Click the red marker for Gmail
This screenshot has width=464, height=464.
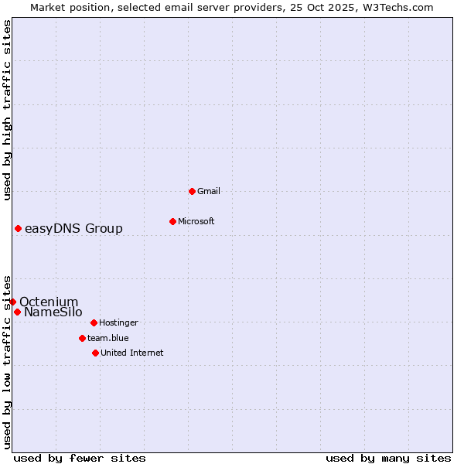[x=192, y=191]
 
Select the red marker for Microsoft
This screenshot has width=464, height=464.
[x=172, y=221]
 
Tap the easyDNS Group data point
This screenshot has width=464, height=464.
[x=18, y=228]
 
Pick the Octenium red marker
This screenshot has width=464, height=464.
[x=12, y=302]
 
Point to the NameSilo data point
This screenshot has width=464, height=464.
[x=17, y=312]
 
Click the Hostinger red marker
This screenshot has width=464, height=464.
[x=94, y=322]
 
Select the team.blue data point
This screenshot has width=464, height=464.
[x=82, y=338]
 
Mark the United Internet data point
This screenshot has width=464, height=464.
[x=95, y=353]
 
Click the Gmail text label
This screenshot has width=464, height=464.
[x=209, y=191]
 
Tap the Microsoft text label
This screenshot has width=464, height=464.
[x=196, y=221]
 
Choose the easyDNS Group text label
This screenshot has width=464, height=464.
[x=73, y=228]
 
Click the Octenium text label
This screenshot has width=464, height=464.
[x=49, y=302]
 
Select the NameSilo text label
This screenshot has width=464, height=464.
[x=53, y=312]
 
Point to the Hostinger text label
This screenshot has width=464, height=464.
[x=118, y=322]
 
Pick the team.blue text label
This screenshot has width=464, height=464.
[x=108, y=338]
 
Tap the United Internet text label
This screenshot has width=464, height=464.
[x=132, y=353]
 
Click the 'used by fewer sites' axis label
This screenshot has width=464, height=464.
[x=80, y=458]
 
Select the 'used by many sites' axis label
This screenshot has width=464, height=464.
[x=388, y=458]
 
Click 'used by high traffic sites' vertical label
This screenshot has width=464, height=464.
[x=7, y=110]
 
